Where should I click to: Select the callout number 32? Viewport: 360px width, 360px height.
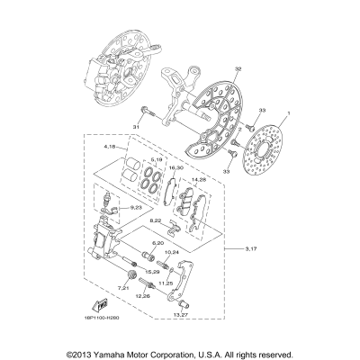(211, 69)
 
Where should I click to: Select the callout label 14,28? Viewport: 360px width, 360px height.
(199, 179)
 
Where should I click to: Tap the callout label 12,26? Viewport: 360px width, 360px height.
(142, 295)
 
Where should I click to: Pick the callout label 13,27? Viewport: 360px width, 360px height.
(181, 314)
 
